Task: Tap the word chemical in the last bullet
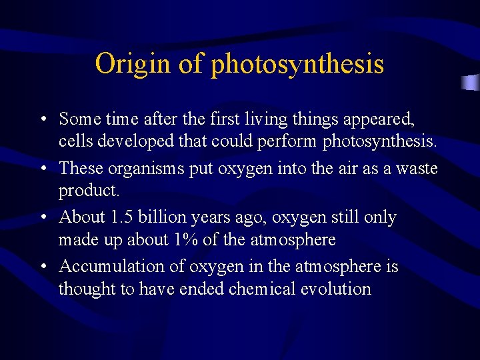259,289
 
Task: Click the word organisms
147,169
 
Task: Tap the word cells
73,141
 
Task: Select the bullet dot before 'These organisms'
43,169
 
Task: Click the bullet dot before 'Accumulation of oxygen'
43,267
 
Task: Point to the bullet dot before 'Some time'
43,119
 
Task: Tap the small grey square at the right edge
471,83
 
